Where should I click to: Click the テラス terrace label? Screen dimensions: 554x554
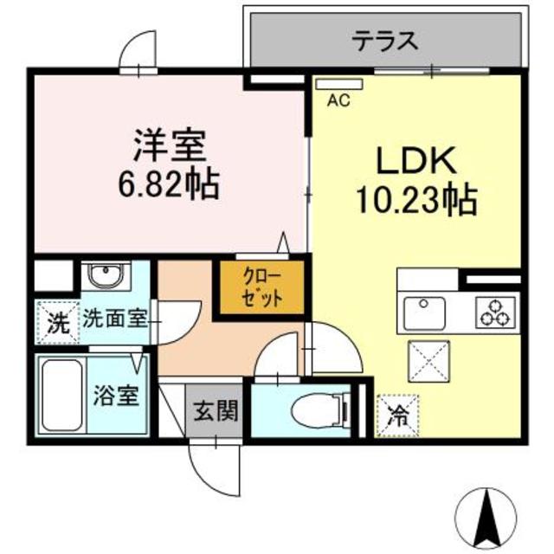(x=385, y=40)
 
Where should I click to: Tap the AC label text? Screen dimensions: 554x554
(x=338, y=100)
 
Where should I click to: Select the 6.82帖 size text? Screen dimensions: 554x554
(x=169, y=183)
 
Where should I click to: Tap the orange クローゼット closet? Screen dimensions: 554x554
(x=260, y=287)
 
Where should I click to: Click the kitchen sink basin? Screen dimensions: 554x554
(x=422, y=310)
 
